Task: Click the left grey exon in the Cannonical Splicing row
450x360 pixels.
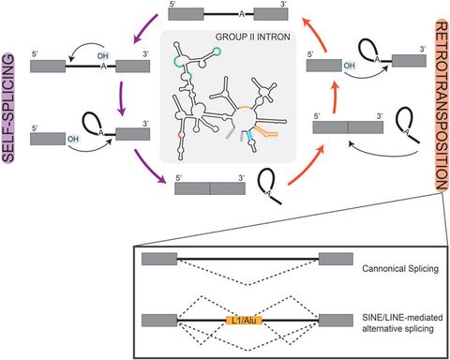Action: pyautogui.click(x=157, y=258)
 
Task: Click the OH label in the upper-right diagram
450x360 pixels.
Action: pyautogui.click(x=349, y=67)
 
